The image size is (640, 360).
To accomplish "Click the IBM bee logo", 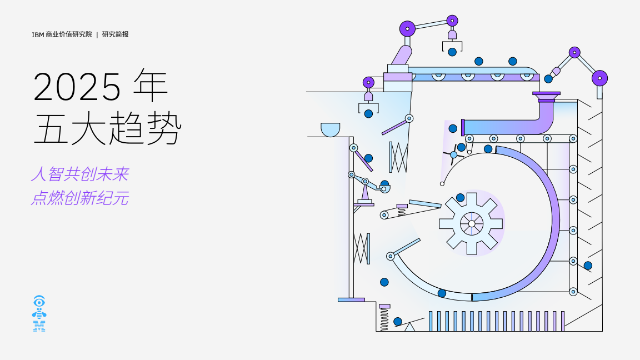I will (39, 314).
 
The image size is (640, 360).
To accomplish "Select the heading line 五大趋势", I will (107, 128).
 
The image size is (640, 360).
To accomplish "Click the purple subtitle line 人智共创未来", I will (80, 175).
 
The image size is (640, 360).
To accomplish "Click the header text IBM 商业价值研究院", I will (62, 34).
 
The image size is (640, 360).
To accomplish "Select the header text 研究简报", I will (116, 34).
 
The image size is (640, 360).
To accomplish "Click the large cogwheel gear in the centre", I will (471, 223).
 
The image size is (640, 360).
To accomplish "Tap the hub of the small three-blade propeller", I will (453, 154).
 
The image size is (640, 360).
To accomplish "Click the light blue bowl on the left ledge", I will (330, 129).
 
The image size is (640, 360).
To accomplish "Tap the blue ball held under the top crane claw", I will (452, 52).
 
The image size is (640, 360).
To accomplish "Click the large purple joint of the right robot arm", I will (599, 78).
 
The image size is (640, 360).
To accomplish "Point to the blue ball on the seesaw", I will (398, 321).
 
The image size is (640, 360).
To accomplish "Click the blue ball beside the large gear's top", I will (460, 198).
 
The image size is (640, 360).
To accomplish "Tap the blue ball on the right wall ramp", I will (588, 266).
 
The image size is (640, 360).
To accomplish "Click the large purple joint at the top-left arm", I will (407, 28).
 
